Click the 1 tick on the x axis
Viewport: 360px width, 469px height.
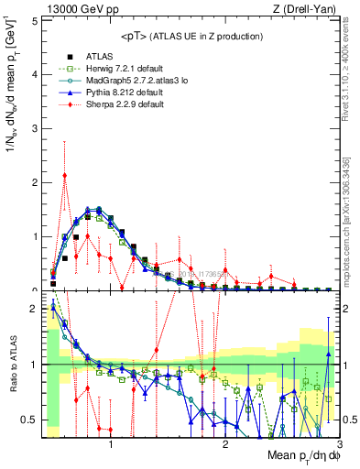[111, 444]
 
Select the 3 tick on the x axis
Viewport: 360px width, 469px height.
[338, 444]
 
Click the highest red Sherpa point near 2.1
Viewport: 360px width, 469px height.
[64, 176]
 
